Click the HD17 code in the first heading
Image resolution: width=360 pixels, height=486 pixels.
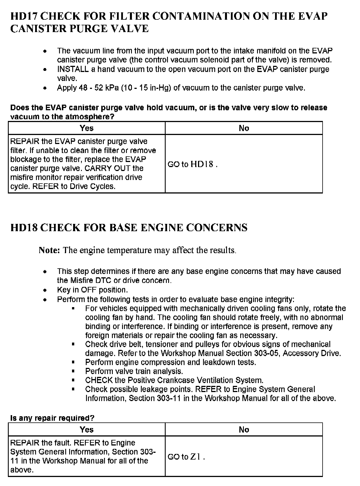pos(24,16)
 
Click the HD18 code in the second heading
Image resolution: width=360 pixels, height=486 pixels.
pos(24,228)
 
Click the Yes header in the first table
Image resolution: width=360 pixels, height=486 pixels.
pos(86,128)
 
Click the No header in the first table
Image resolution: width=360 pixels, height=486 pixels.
pos(244,128)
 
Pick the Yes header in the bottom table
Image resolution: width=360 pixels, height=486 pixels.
pos(86,429)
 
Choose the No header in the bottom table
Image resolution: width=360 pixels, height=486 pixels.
pos(244,429)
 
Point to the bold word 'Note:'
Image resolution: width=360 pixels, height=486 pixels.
pos(49,250)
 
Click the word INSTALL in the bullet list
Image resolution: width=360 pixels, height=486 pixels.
pos(73,69)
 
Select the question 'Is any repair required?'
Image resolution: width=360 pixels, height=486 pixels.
pos(52,418)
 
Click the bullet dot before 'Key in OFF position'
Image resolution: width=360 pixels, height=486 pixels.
pos(45,290)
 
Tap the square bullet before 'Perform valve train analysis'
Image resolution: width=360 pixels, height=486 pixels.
pos(73,371)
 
